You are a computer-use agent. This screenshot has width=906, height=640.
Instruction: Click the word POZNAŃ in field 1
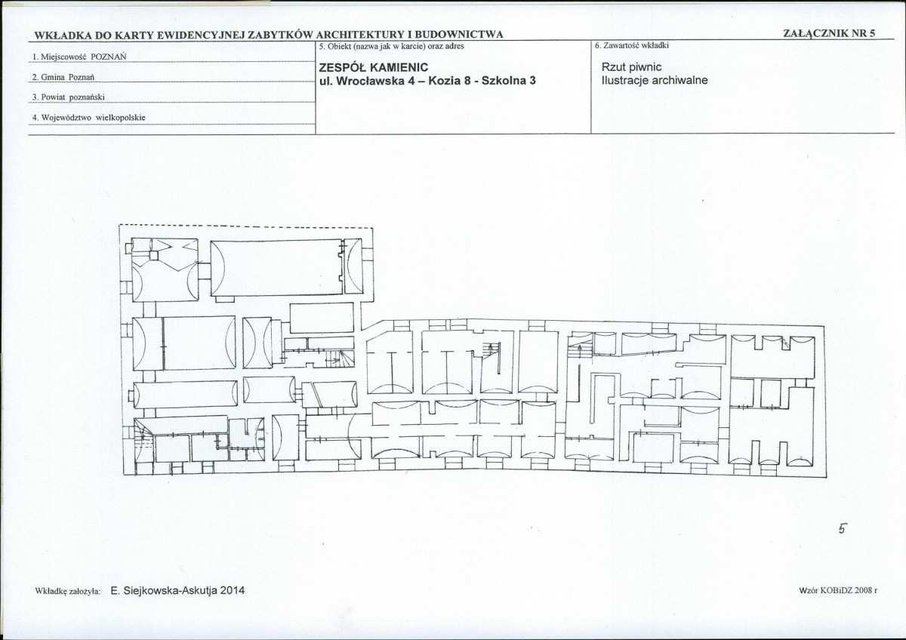(x=109, y=57)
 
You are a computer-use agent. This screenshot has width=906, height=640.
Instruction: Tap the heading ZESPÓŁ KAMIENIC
(x=373, y=67)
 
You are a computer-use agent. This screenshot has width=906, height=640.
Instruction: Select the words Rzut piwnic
(x=631, y=67)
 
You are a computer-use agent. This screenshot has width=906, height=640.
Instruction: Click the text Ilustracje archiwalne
(x=655, y=81)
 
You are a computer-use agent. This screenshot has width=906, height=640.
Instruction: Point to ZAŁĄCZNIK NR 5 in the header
(x=829, y=33)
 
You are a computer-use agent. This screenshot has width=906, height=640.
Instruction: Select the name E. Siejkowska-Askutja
(x=164, y=590)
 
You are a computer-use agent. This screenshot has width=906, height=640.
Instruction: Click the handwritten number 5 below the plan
(x=840, y=529)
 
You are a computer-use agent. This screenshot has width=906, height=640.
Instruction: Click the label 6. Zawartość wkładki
(x=632, y=46)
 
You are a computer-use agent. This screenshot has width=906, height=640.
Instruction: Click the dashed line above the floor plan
(x=246, y=227)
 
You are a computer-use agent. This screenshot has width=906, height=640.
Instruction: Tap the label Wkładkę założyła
(x=68, y=591)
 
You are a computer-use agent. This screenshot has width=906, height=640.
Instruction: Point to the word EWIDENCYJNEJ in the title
(x=201, y=35)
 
